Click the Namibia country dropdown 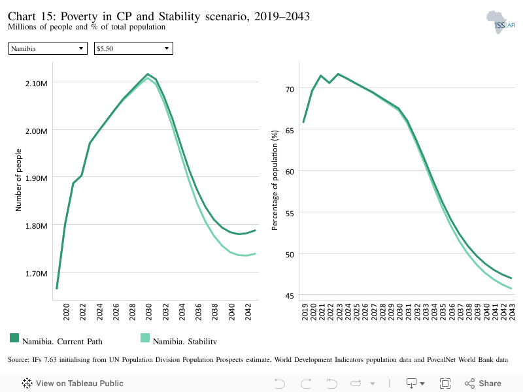coord(48,48)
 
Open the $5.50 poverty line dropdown coord(133,48)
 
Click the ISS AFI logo coord(501,22)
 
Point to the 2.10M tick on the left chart coord(37,84)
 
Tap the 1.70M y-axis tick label coord(37,274)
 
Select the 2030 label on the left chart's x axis coord(149,312)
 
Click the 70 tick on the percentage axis coord(290,90)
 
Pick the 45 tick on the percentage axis coord(290,296)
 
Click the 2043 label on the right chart coord(512,312)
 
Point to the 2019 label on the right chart coord(305,312)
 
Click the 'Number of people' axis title coord(18,180)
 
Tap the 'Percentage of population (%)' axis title coord(275,180)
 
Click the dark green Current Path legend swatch coord(14,338)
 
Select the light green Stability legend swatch coord(145,338)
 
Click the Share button coord(483,384)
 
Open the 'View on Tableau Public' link coord(73,384)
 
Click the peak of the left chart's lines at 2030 coord(148,74)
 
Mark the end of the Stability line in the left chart coord(255,253)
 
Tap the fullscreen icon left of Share coord(445,384)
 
